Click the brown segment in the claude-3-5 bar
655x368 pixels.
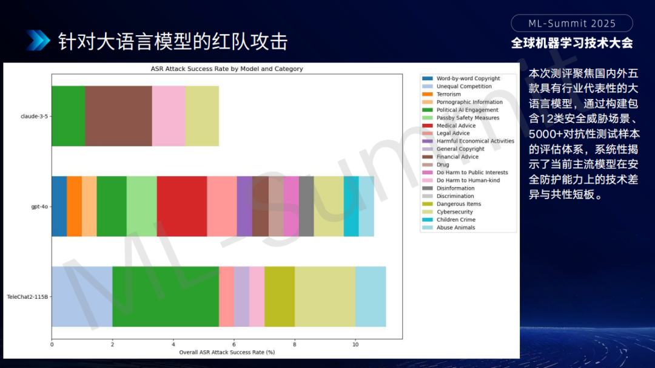pos(119,116)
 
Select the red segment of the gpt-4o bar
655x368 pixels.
pos(182,206)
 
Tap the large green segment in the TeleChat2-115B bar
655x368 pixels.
pos(166,296)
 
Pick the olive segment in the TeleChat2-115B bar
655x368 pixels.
pos(280,296)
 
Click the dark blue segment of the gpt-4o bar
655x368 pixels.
pos(59,206)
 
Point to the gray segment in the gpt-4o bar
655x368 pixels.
pos(306,206)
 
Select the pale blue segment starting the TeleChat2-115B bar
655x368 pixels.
pos(82,296)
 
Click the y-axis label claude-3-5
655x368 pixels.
pos(34,116)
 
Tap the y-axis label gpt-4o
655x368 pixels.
pos(39,206)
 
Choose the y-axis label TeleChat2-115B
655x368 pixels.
pos(27,297)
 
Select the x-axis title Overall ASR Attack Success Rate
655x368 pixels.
pos(227,352)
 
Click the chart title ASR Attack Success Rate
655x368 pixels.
pos(227,69)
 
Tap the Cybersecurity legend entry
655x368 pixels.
pos(448,211)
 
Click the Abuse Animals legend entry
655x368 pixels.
pos(449,228)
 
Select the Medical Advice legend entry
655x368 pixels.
pos(449,126)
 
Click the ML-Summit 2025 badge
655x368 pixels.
pos(572,24)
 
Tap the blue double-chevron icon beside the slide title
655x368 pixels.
pos(38,41)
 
